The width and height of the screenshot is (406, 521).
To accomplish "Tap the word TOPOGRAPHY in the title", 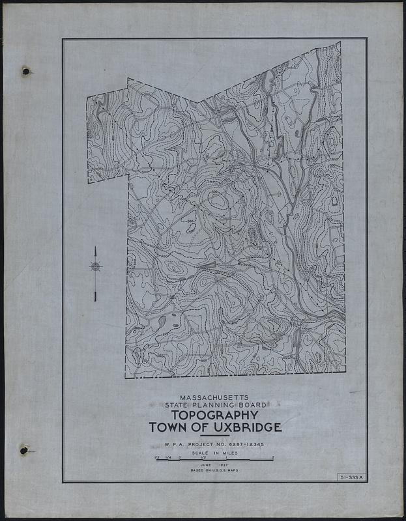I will (x=214, y=415).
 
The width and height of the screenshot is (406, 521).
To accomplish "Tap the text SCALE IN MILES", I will (x=214, y=453).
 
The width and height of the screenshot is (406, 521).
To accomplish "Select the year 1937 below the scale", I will (x=224, y=465).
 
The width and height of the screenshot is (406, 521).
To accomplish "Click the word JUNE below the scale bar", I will (x=206, y=465).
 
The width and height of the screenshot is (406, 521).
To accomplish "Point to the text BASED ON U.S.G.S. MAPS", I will (x=214, y=470).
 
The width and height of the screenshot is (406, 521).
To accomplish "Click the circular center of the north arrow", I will (x=95, y=266).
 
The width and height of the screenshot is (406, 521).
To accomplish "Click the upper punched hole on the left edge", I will (x=26, y=71).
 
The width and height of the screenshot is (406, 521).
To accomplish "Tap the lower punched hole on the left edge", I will (x=24, y=450).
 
